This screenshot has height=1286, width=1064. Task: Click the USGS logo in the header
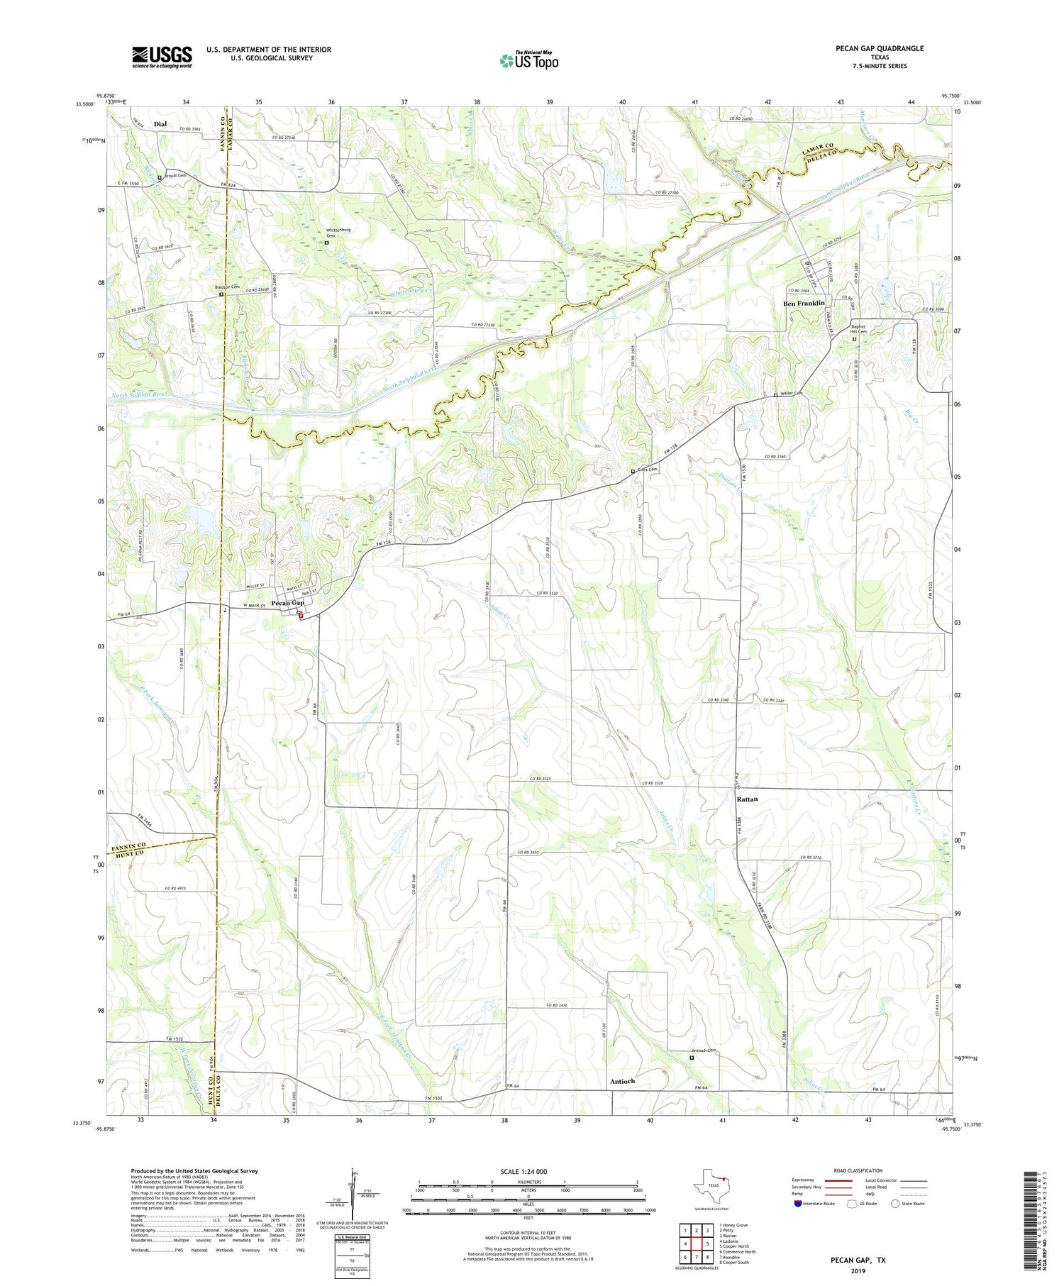[x=162, y=57]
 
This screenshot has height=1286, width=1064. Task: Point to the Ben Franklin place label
[x=804, y=303]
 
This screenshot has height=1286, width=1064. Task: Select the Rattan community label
[x=747, y=799]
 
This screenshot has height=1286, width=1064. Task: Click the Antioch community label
[x=622, y=1081]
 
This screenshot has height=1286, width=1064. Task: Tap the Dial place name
[x=160, y=124]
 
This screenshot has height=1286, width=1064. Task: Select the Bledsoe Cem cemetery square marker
[x=221, y=294]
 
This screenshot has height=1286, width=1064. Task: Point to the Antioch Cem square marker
[x=692, y=1058]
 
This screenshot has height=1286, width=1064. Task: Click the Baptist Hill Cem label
[x=862, y=330]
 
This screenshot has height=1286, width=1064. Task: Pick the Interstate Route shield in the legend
[x=798, y=1203]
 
